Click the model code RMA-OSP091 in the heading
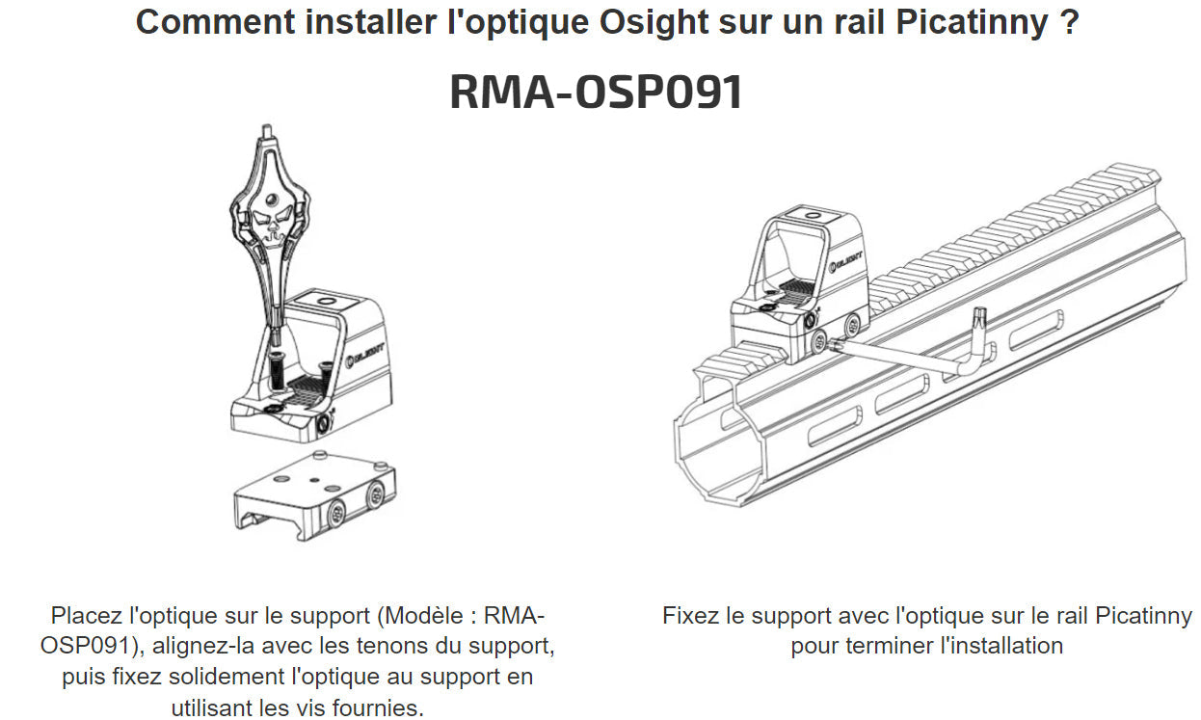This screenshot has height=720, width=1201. (x=596, y=93)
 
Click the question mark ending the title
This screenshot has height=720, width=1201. (x=1068, y=21)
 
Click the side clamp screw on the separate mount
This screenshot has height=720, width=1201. (x=338, y=514)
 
